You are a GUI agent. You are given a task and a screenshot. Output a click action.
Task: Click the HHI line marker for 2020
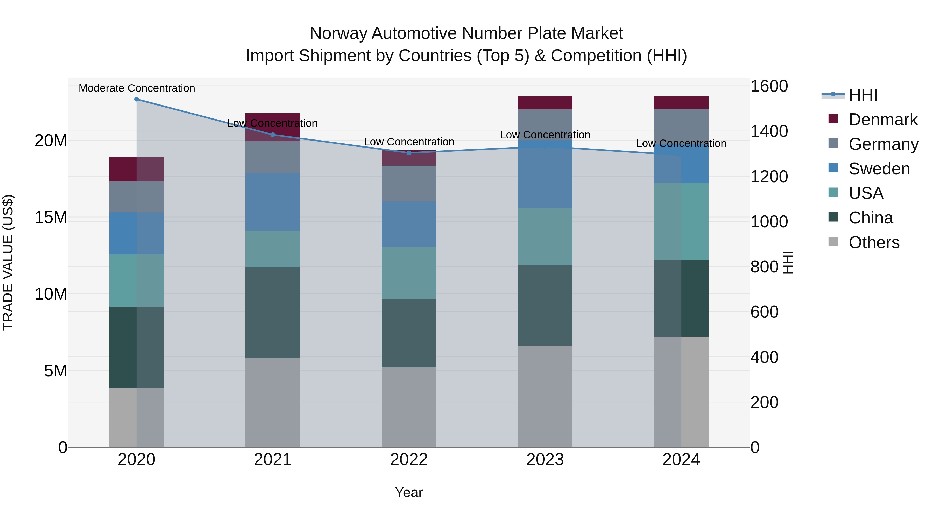[x=137, y=99]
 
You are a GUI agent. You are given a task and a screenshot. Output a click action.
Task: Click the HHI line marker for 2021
[x=273, y=135]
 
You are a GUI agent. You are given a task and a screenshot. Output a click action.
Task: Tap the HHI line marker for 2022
[x=409, y=153]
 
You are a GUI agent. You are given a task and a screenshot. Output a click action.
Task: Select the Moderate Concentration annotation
[x=137, y=88]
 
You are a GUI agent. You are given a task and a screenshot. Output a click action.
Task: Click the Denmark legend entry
[x=882, y=120]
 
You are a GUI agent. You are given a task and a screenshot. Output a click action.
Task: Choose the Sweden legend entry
[x=879, y=169]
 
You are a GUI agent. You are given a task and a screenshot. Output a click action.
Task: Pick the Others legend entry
[x=874, y=242]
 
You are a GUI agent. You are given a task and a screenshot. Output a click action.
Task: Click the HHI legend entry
[x=862, y=95]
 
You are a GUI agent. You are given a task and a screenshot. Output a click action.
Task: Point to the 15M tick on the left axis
[x=51, y=218]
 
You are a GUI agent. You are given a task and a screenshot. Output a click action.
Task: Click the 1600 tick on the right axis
[x=769, y=86]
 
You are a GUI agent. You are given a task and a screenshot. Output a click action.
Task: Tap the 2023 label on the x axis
[x=545, y=460]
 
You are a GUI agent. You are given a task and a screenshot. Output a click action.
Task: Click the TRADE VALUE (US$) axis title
[x=8, y=262]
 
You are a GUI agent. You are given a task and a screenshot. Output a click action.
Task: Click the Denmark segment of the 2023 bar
[x=545, y=103]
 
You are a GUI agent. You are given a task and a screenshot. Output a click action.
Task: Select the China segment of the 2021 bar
[x=273, y=313]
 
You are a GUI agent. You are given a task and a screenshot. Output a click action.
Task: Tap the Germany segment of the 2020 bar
[x=137, y=197]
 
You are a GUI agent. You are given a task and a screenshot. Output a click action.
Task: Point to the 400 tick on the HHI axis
[x=764, y=357]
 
